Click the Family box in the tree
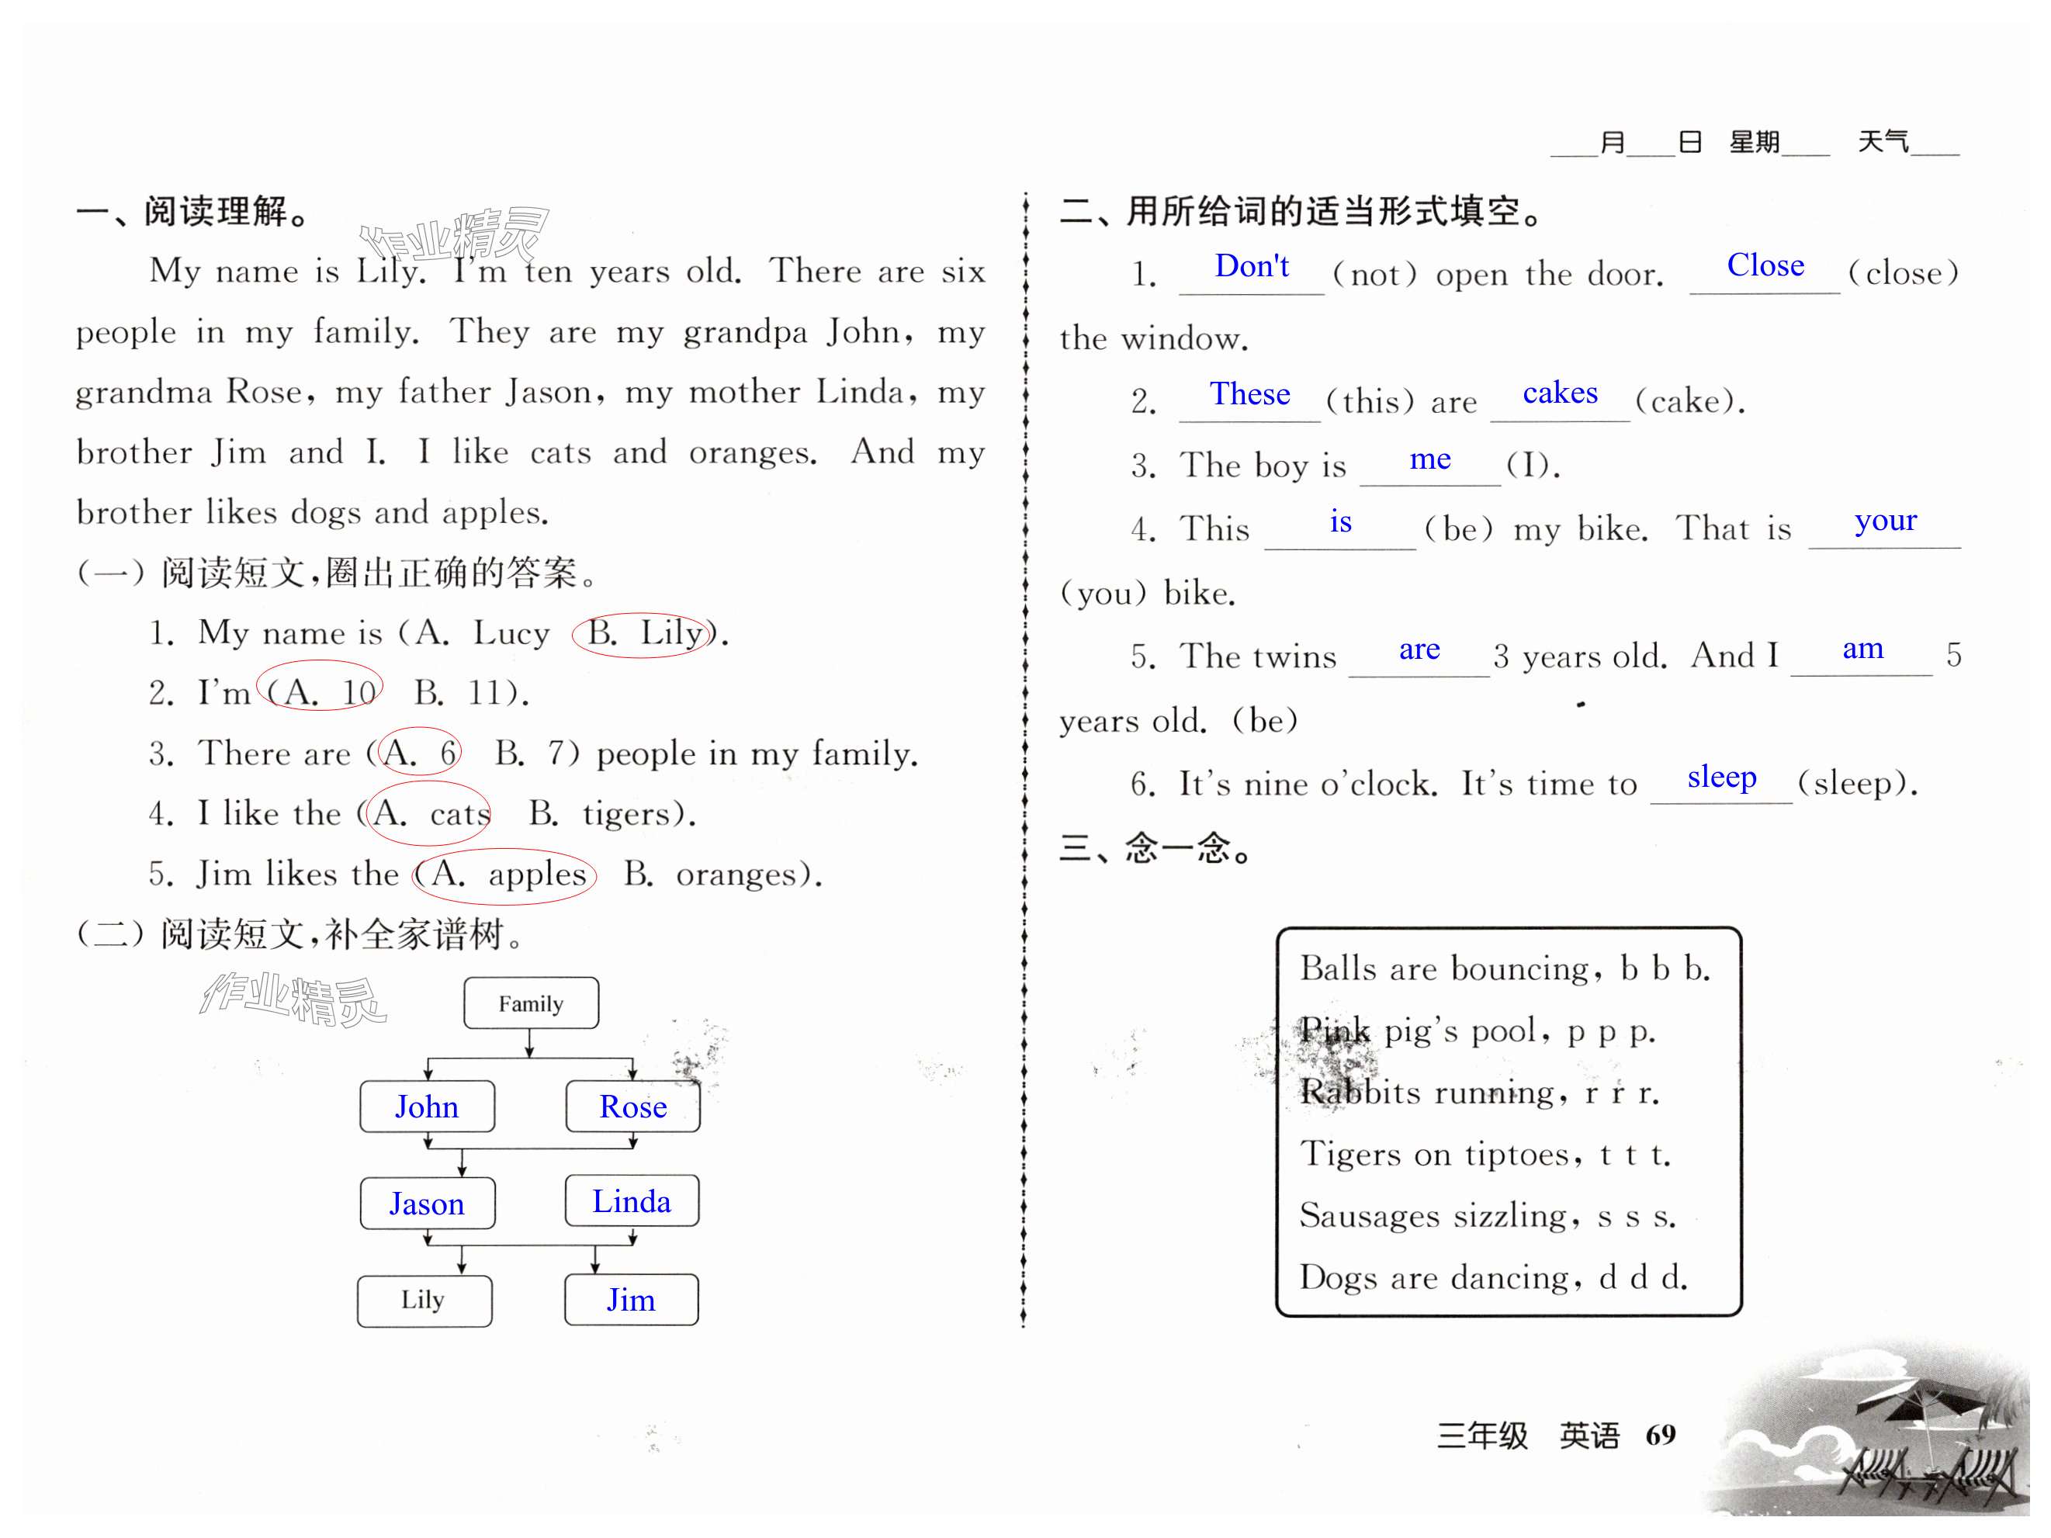click(530, 1003)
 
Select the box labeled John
click(427, 1106)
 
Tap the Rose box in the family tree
click(632, 1106)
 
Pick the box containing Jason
click(427, 1204)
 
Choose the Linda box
click(632, 1201)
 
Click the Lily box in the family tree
click(424, 1300)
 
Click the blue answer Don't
click(1251, 266)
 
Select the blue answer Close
click(1765, 265)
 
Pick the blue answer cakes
click(1560, 393)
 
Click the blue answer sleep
click(1721, 777)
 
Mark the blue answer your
click(1885, 521)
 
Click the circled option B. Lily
click(644, 633)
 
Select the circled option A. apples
click(505, 875)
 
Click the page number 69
click(1660, 1434)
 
